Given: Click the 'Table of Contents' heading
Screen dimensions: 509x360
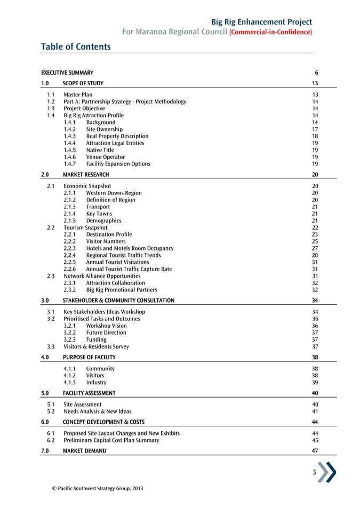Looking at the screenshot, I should click(x=76, y=47).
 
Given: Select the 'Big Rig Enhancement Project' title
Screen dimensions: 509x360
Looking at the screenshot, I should click(x=261, y=22).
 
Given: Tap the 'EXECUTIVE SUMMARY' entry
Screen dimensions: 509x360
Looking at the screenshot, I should click(x=67, y=73).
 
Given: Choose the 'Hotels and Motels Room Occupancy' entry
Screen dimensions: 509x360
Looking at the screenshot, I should click(x=130, y=248).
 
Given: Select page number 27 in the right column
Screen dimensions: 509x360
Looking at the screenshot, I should click(x=315, y=248).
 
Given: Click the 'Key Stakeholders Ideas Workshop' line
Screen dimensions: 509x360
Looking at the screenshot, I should click(x=104, y=312).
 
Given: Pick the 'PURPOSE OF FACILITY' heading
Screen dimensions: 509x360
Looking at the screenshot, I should click(x=89, y=357).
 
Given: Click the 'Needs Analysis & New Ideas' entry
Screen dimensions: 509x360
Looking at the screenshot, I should click(x=97, y=411).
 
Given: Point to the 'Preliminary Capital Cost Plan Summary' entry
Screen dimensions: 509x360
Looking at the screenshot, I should click(x=111, y=440).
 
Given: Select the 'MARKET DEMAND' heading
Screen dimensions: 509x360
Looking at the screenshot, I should click(x=84, y=451).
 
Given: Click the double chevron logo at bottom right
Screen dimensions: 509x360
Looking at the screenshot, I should click(x=327, y=472).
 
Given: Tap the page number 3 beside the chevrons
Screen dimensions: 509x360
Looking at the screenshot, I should click(x=315, y=472).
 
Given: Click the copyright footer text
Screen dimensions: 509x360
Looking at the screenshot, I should click(x=94, y=488).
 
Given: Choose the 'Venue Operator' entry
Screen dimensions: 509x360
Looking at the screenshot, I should click(x=105, y=157).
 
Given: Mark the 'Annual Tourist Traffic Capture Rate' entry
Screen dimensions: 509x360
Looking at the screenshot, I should click(x=129, y=269).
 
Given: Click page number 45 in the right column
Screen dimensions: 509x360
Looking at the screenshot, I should click(x=315, y=440).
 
